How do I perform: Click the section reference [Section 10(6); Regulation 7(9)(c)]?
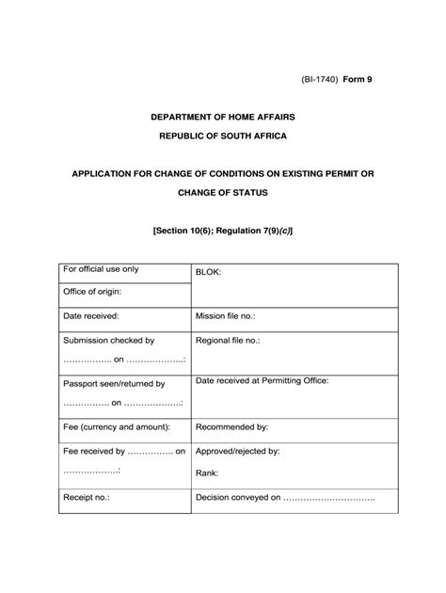pos(222,230)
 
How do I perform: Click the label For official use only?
pos(100,269)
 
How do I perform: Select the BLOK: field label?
pos(208,272)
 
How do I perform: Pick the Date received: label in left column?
pos(90,317)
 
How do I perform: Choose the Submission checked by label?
pos(108,340)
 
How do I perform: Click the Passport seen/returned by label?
pos(113,384)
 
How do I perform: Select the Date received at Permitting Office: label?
pos(262,381)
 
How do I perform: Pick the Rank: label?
pos(207,473)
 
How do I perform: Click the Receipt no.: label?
pos(87,497)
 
